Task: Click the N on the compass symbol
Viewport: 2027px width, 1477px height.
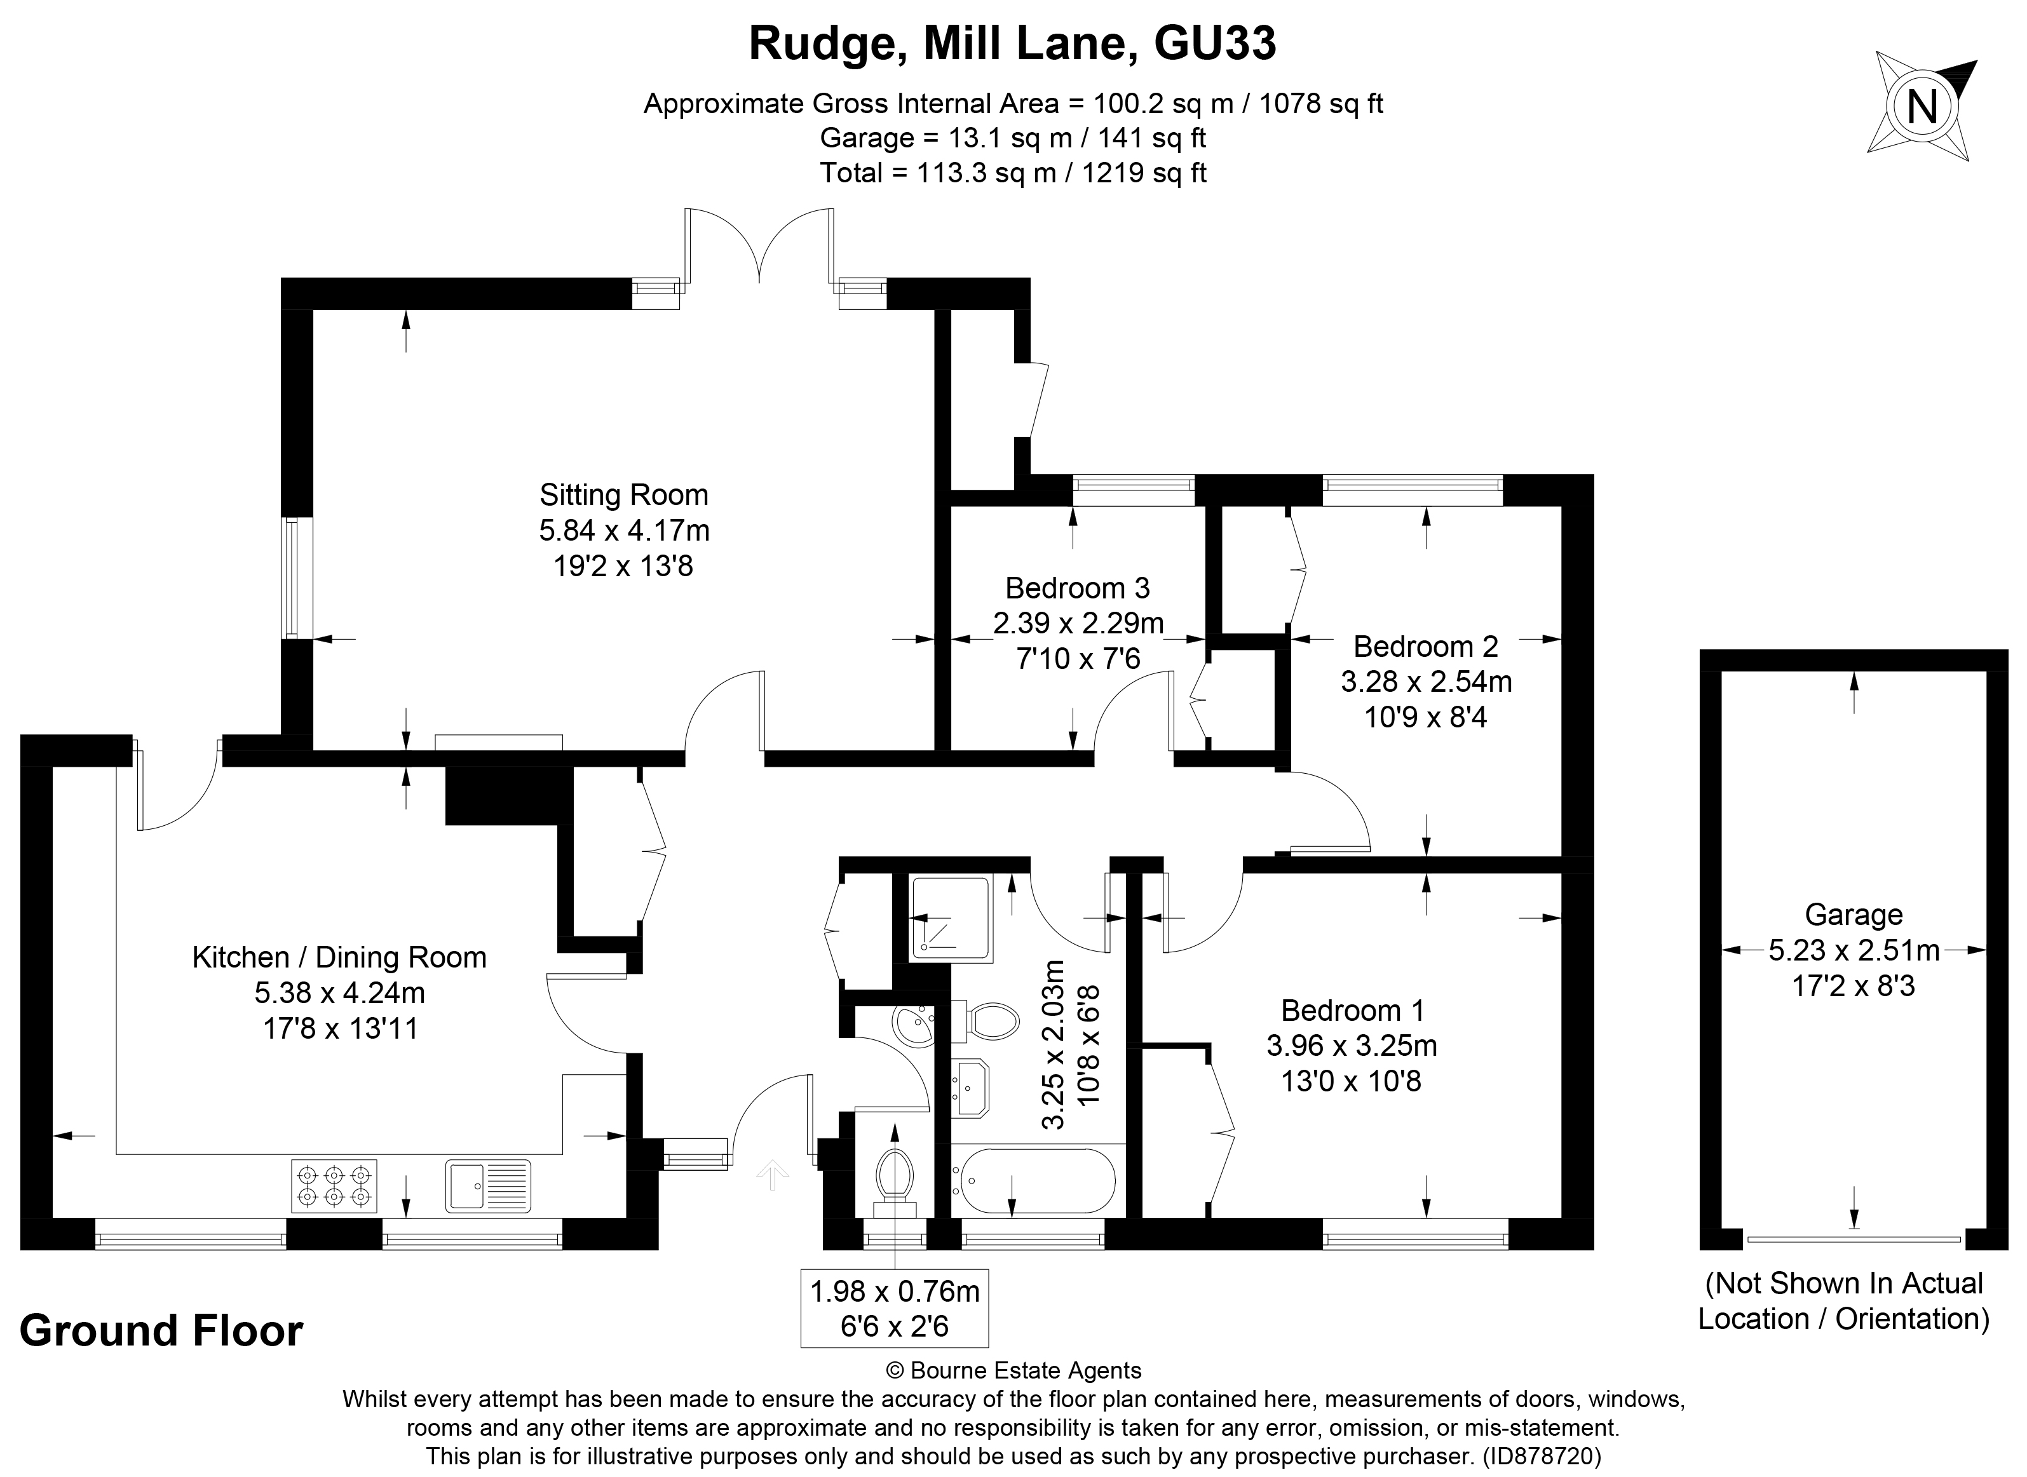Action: tap(1922, 107)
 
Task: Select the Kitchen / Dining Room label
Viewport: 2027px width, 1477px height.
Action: tap(339, 957)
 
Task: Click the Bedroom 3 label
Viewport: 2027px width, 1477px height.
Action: tap(1078, 588)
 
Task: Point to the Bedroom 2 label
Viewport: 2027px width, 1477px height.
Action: tap(1425, 647)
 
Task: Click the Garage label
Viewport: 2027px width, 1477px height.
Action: tap(1854, 915)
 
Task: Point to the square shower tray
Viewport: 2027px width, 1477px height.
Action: tap(951, 919)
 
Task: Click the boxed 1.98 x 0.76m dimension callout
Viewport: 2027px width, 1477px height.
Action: tap(894, 1307)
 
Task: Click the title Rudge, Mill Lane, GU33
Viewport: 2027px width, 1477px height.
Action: tap(1012, 43)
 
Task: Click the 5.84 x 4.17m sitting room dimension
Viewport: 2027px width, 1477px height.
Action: tap(623, 531)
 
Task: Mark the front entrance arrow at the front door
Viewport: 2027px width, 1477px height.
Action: tap(773, 1174)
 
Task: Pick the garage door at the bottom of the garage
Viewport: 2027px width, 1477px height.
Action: tap(1854, 1239)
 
